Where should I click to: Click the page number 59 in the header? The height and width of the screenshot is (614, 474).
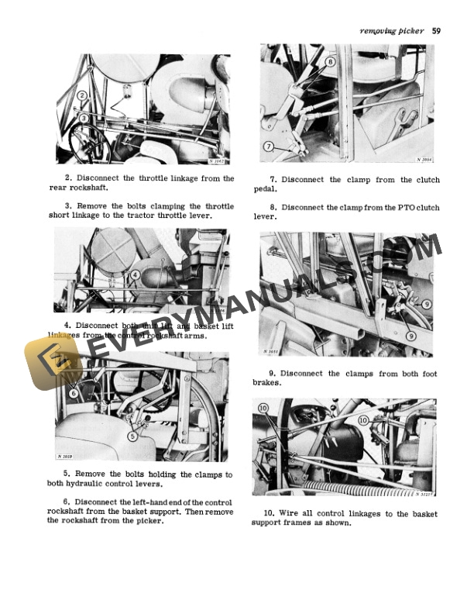[x=437, y=31]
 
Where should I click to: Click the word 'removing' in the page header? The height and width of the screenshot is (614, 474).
[x=378, y=31]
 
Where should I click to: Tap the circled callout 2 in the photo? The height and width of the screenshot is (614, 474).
[x=82, y=97]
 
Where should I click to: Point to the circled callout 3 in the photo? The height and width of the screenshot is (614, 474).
[x=83, y=117]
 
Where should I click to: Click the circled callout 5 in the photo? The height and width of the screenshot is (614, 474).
[x=133, y=436]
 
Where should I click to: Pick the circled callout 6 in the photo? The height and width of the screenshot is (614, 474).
[x=74, y=393]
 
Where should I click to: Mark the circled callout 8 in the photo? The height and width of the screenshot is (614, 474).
[x=330, y=61]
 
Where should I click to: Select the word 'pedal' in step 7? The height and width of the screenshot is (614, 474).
[x=263, y=189]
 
